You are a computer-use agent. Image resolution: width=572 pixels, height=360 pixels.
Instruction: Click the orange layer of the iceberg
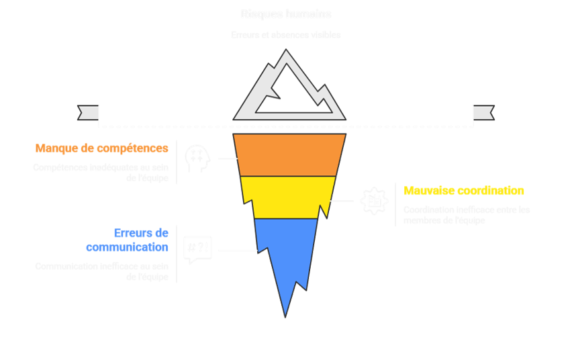tap(289, 154)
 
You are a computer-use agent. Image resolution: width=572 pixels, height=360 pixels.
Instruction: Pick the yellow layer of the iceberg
tap(288, 197)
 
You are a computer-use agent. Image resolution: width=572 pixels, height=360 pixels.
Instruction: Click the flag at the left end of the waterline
tap(89, 112)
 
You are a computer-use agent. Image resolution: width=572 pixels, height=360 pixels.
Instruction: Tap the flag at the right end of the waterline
tap(483, 112)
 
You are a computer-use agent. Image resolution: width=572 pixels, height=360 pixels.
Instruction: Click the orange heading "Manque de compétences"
tap(102, 148)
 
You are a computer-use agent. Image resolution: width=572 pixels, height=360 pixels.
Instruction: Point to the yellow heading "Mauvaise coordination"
tap(464, 191)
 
